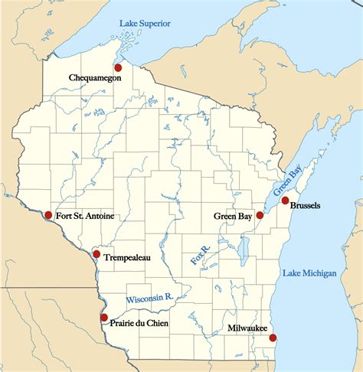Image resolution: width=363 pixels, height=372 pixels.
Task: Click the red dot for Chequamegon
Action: (118, 67)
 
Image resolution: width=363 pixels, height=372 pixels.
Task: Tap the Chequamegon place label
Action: (94, 77)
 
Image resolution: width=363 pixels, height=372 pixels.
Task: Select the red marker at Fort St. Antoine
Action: (48, 215)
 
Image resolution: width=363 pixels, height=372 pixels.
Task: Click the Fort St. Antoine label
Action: (85, 216)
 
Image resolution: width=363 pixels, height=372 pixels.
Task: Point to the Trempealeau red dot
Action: (96, 253)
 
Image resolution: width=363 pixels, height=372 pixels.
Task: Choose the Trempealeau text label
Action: (126, 258)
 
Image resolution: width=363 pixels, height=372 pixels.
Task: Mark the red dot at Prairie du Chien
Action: (104, 317)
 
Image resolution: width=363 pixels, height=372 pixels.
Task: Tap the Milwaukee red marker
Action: (273, 338)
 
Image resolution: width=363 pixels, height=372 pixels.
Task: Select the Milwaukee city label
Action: (247, 328)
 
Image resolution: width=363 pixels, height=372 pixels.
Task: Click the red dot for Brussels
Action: (285, 201)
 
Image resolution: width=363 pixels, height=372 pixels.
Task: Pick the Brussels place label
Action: (305, 207)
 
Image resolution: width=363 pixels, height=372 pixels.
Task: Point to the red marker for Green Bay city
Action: (260, 216)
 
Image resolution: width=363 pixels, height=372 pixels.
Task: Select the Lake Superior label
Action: (145, 23)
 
